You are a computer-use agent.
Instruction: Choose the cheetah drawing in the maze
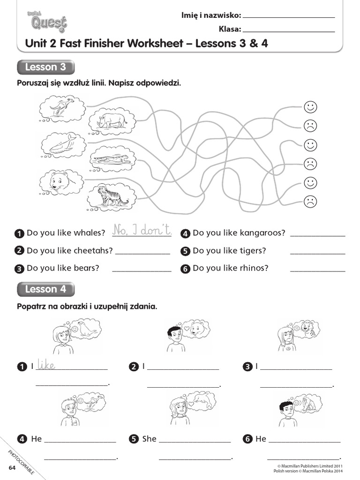pos(112,159)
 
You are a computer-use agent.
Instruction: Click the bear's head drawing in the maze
pos(60,182)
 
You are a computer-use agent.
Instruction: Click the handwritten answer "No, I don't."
pos(142,229)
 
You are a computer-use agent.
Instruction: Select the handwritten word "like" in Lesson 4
pos(46,365)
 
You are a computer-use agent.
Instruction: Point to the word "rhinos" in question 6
pos(254,268)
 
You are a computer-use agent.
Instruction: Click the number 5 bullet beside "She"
pos(134,439)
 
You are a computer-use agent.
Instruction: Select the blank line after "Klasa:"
pos(289,30)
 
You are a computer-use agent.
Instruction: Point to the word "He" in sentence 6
pos(261,439)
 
